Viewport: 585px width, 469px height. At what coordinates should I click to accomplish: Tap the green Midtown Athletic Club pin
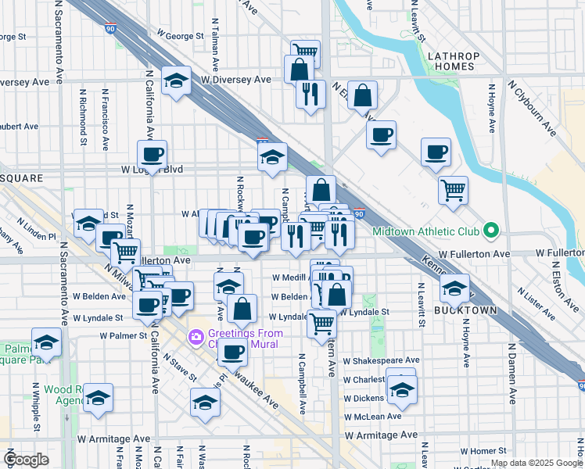[490, 231]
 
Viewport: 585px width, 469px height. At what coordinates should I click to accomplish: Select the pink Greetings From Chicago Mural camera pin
[195, 338]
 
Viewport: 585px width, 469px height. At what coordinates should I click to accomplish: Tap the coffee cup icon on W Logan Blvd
[153, 154]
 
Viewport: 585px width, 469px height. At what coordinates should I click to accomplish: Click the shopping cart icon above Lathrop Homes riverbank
[453, 190]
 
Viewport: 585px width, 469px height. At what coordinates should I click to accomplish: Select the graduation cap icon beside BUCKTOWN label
[454, 288]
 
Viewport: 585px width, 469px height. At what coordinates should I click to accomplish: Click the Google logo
[26, 460]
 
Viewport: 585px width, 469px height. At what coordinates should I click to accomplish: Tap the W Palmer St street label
[124, 336]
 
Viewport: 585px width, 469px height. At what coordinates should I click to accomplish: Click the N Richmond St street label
[83, 117]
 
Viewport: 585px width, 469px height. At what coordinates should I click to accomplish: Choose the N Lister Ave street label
[540, 306]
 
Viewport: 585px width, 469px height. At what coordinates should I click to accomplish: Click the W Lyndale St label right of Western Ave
[364, 312]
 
